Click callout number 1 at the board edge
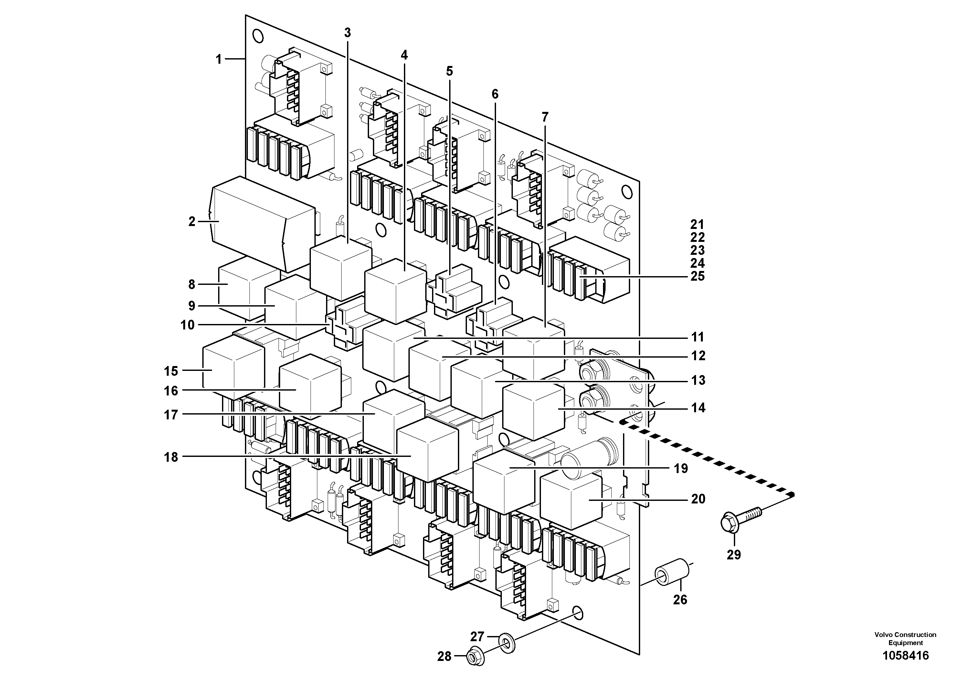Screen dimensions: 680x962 [x=218, y=59]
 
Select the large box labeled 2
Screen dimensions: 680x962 [x=251, y=222]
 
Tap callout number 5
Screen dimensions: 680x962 [x=449, y=71]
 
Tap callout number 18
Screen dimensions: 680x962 [x=171, y=457]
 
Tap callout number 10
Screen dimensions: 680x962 [x=187, y=325]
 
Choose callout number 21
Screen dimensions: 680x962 [x=698, y=224]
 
